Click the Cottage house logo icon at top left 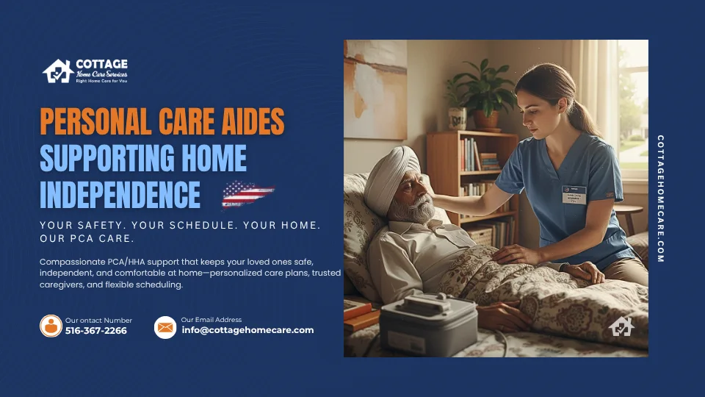pyautogui.click(x=59, y=71)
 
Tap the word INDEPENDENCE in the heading pyautogui.click(x=120, y=194)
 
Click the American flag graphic pyautogui.click(x=247, y=194)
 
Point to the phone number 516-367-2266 pyautogui.click(x=95, y=331)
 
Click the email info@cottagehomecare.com pyautogui.click(x=247, y=330)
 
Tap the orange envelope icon pyautogui.click(x=165, y=327)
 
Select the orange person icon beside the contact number pyautogui.click(x=51, y=326)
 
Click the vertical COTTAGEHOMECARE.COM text pyautogui.click(x=660, y=198)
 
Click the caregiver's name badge pyautogui.click(x=574, y=194)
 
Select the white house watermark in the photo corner pyautogui.click(x=621, y=326)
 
